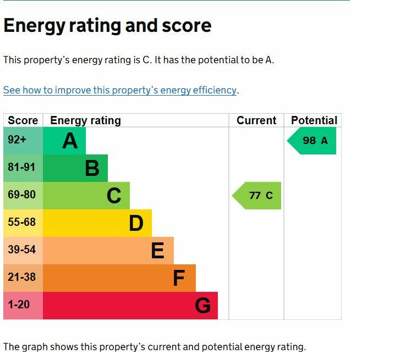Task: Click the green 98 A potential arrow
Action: pos(311,141)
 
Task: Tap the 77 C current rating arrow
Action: pos(256,196)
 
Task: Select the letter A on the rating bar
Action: pos(70,141)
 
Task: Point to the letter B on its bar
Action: pos(92,168)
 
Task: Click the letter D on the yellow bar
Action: pos(136,223)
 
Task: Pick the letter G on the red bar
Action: pos(202,306)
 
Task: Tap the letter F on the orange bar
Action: pos(179,278)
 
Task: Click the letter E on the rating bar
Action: pos(158,251)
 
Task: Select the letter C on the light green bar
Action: pos(114,196)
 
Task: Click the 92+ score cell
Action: pos(23,141)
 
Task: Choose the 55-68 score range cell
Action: pos(23,223)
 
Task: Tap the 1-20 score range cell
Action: pos(23,306)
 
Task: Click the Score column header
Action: pos(23,120)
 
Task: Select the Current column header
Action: pos(256,120)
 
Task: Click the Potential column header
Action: pos(314,120)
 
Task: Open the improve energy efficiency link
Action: pos(120,90)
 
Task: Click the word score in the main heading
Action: pos(186,26)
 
